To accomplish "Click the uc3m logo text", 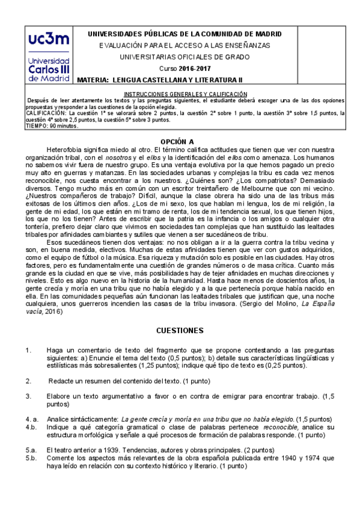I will [x=48, y=41].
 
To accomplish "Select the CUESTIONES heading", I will [x=180, y=331].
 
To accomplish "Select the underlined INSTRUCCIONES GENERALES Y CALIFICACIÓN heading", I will [x=185, y=94].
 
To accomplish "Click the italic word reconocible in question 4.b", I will [x=270, y=426].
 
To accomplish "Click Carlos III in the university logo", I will [x=48, y=68].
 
